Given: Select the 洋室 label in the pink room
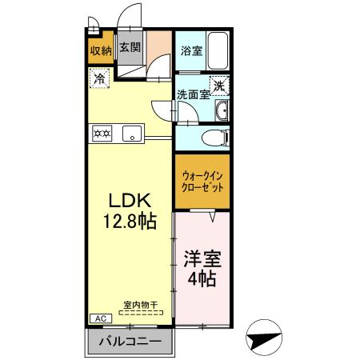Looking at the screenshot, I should pos(202,261).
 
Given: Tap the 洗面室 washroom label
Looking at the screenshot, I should pos(193,93).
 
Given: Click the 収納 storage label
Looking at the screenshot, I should pos(100,51).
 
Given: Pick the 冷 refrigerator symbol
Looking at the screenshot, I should pos(99,79).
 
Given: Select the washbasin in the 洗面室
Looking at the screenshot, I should pos(222,110).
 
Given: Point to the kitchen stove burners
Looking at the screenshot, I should pos(102,134).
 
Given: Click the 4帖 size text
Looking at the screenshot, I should pos(202,280).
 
